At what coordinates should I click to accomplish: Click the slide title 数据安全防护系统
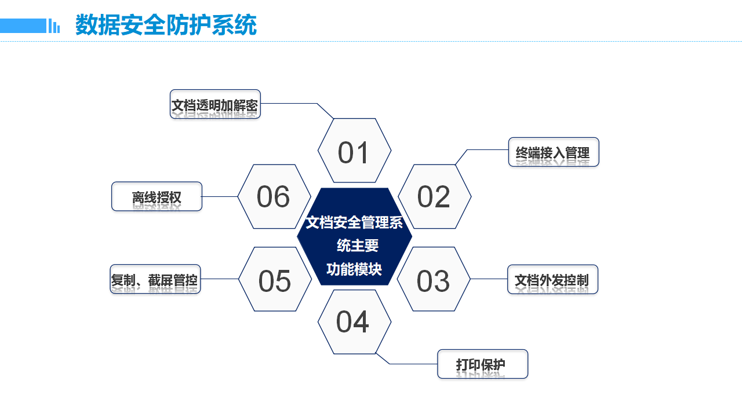[166, 25]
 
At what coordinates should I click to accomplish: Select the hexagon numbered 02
[434, 196]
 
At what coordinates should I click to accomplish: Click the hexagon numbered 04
[354, 321]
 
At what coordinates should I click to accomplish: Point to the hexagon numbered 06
[274, 196]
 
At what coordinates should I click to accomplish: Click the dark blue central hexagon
[354, 236]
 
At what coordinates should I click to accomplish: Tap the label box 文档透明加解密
[215, 104]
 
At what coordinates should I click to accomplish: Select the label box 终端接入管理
[553, 152]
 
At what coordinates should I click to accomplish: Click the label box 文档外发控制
[552, 279]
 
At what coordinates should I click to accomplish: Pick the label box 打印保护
[482, 364]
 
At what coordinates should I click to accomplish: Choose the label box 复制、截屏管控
[155, 279]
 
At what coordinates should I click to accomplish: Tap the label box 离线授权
[157, 196]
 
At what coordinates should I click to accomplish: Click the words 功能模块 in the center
[354, 269]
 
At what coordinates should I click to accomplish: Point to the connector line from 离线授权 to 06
[220, 196]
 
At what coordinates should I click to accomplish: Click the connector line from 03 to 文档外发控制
[489, 279]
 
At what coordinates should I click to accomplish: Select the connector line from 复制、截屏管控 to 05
[220, 279]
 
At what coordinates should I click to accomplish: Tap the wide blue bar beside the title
[23, 25]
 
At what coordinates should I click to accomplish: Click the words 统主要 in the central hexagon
[358, 246]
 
